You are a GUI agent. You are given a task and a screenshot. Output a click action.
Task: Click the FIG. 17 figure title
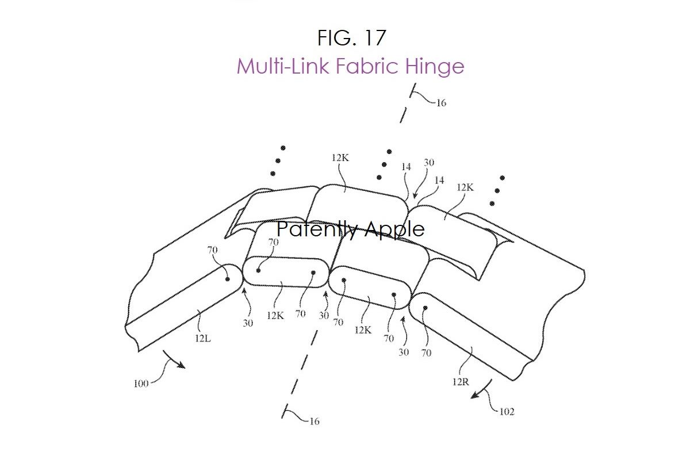pyautogui.click(x=351, y=38)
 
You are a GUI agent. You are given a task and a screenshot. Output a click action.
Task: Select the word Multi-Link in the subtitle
pyautogui.click(x=283, y=66)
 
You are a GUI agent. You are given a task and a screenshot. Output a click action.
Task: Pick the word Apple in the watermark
pyautogui.click(x=395, y=229)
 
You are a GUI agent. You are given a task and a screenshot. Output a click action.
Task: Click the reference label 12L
pyautogui.click(x=203, y=339)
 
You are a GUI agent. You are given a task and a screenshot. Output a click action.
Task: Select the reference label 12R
pyautogui.click(x=461, y=382)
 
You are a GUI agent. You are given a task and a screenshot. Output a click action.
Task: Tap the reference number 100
pyautogui.click(x=141, y=384)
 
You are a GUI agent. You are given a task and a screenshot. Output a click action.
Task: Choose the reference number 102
pyautogui.click(x=507, y=412)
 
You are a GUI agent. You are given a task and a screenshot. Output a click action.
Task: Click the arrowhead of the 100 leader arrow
pyautogui.click(x=182, y=366)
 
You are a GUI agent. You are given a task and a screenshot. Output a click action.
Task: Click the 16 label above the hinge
pyautogui.click(x=442, y=103)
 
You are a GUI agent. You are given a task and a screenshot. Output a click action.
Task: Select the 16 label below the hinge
pyautogui.click(x=315, y=421)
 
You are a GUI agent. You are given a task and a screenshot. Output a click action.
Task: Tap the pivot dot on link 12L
pyautogui.click(x=227, y=279)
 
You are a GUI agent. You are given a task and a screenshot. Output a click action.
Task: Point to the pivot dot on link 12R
pyautogui.click(x=425, y=308)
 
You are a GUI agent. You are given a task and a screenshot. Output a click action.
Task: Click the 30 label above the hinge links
pyautogui.click(x=429, y=163)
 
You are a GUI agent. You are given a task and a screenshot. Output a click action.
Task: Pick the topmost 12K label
pyautogui.click(x=340, y=158)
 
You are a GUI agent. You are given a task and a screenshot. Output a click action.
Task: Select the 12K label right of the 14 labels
pyautogui.click(x=465, y=187)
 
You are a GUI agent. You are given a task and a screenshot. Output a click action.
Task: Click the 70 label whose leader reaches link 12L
pyautogui.click(x=212, y=250)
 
